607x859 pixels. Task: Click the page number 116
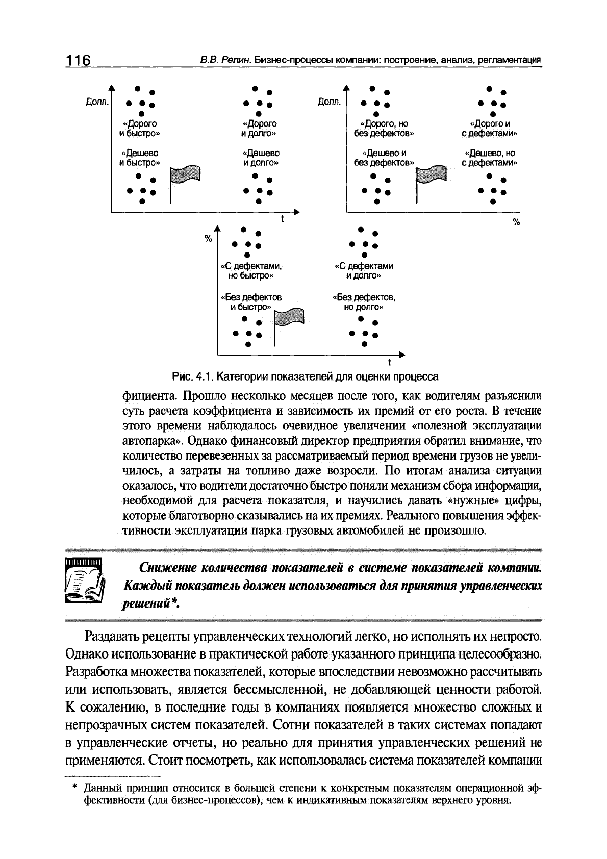click(77, 61)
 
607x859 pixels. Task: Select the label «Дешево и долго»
click(261, 158)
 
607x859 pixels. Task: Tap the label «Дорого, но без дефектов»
click(384, 129)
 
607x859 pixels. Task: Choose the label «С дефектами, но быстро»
click(250, 271)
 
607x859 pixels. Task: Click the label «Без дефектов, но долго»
click(363, 302)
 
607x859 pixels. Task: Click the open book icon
click(85, 581)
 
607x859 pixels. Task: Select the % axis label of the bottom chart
click(208, 239)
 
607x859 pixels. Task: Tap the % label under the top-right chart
click(516, 222)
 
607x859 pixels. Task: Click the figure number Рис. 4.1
click(191, 377)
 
